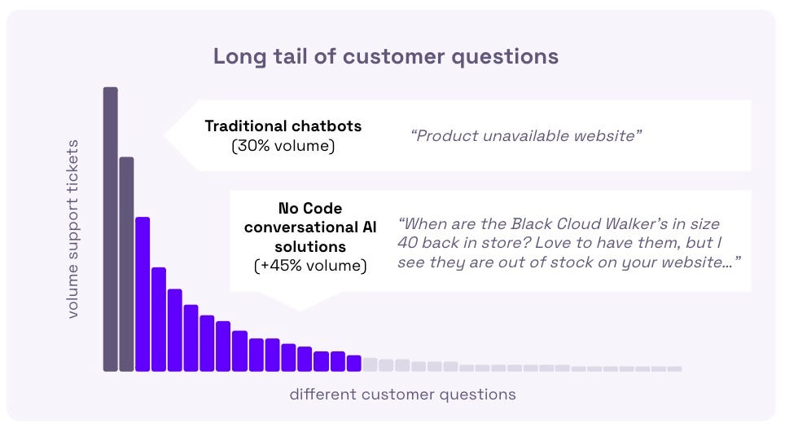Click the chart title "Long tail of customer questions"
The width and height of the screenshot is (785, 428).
pyautogui.click(x=385, y=56)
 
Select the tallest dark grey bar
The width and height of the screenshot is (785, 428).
pyautogui.click(x=111, y=229)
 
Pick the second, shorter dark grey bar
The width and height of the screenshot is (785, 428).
pyautogui.click(x=127, y=264)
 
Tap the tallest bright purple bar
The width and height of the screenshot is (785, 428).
pyautogui.click(x=143, y=294)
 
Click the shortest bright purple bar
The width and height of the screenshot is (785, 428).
pyautogui.click(x=354, y=364)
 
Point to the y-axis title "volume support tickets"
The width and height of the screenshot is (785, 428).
pyautogui.click(x=73, y=228)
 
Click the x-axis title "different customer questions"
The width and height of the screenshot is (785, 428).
pyautogui.click(x=402, y=395)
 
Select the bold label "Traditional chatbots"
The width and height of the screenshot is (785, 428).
pyautogui.click(x=283, y=126)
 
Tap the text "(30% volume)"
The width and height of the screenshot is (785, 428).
pyautogui.click(x=283, y=146)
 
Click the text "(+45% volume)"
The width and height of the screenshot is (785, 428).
pyautogui.click(x=310, y=266)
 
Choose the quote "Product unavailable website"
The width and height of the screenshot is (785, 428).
pyautogui.click(x=526, y=136)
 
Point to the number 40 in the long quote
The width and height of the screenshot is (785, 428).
pyautogui.click(x=407, y=243)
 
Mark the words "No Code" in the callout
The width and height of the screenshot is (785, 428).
pyautogui.click(x=310, y=208)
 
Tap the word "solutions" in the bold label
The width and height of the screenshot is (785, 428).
pyautogui.click(x=310, y=246)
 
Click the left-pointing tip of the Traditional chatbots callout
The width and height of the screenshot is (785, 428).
pyautogui.click(x=164, y=135)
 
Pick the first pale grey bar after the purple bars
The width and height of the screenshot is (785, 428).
pyautogui.click(x=370, y=364)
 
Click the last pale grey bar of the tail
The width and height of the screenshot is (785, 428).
pyautogui.click(x=674, y=368)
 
